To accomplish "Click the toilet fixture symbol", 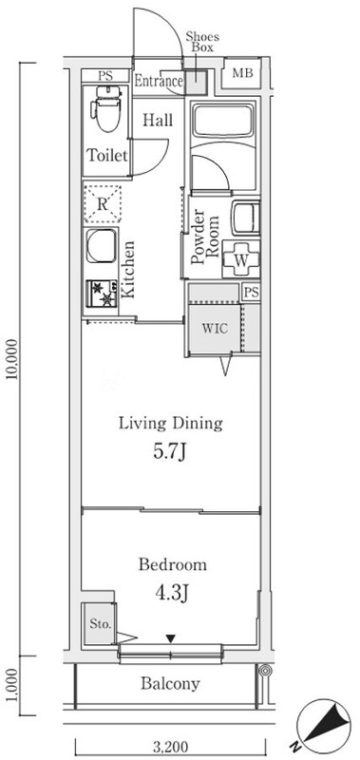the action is (x=106, y=108).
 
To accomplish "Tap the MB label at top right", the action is (x=242, y=74).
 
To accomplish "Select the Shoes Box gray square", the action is (x=196, y=82).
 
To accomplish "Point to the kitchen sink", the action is (x=102, y=246).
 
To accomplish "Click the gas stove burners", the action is (x=102, y=294).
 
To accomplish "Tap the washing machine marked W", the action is (x=241, y=259).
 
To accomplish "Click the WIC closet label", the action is (x=215, y=328).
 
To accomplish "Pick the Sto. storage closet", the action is (x=100, y=623).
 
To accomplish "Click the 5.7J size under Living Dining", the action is (x=170, y=452).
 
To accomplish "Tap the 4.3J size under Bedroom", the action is (x=172, y=593).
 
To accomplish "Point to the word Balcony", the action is (x=170, y=684).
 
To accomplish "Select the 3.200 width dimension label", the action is (x=170, y=747).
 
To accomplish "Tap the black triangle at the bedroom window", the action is (x=170, y=639).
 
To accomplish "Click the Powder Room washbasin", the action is (x=246, y=218).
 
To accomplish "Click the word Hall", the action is (x=158, y=120).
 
